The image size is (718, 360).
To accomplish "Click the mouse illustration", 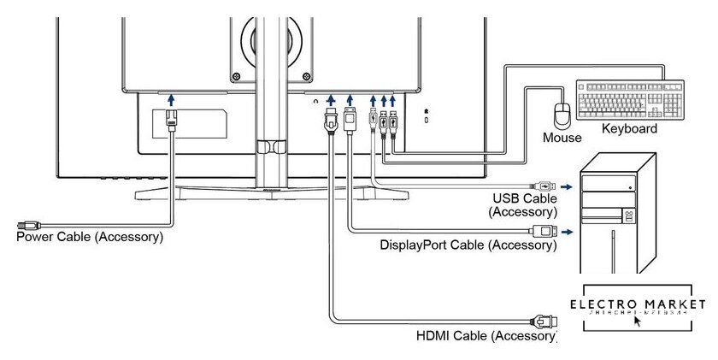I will tap(562, 115).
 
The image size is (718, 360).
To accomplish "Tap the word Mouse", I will tap(562, 137).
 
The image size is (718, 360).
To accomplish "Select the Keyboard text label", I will tap(630, 129).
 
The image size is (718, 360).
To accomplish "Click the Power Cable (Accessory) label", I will tap(89, 236).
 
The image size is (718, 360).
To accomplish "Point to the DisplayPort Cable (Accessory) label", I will tap(468, 245).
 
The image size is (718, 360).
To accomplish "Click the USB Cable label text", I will tap(522, 198).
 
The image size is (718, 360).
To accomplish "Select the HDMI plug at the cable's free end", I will tap(544, 322).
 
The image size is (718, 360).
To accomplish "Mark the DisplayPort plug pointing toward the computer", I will tap(543, 231).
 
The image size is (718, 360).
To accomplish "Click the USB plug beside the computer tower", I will tap(548, 184).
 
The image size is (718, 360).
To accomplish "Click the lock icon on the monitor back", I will tap(427, 111).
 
